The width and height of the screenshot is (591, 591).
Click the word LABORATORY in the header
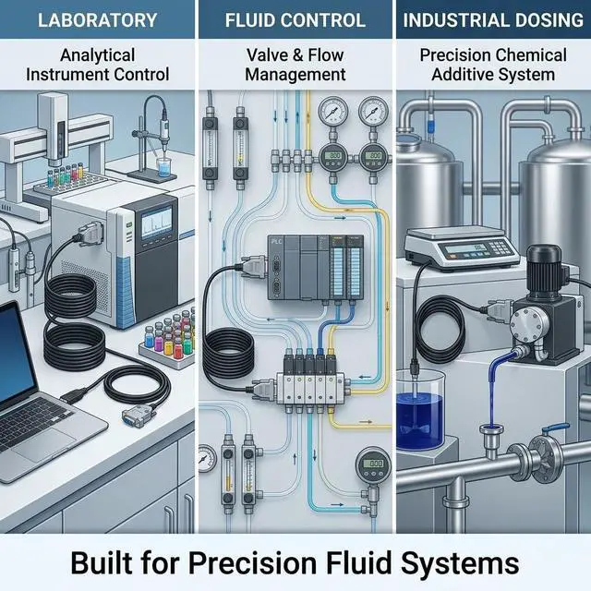pyautogui.click(x=97, y=20)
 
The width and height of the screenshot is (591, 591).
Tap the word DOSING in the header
pyautogui.click(x=546, y=20)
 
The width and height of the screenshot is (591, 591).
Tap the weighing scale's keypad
pyautogui.click(x=497, y=248)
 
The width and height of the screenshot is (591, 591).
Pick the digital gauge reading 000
pyautogui.click(x=373, y=464)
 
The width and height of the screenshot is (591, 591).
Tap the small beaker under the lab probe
pyautogui.click(x=164, y=167)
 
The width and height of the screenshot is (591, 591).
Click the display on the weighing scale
pyautogui.click(x=465, y=248)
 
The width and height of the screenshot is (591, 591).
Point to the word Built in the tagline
pyautogui.click(x=101, y=563)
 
